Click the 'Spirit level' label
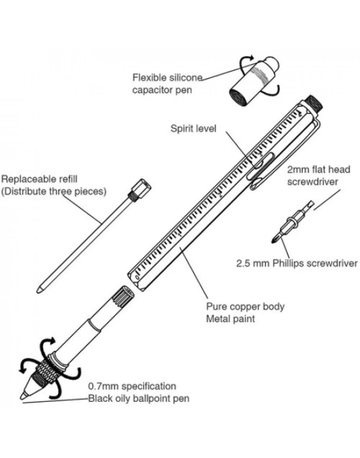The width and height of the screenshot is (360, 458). [194, 128]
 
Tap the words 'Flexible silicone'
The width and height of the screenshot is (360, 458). [168, 78]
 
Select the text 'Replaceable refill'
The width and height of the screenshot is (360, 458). [39, 179]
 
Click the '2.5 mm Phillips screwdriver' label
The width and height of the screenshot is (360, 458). [297, 263]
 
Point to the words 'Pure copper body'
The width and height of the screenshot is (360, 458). [245, 306]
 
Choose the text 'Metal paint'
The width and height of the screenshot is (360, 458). [230, 319]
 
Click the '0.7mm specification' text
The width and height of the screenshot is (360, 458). [132, 386]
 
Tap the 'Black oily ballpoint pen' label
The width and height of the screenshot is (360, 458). [139, 398]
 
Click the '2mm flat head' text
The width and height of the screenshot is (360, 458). [319, 169]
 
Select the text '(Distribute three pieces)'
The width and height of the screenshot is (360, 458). [54, 191]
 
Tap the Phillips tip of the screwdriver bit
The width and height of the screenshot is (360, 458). [274, 240]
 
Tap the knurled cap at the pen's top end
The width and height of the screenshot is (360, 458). [315, 103]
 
